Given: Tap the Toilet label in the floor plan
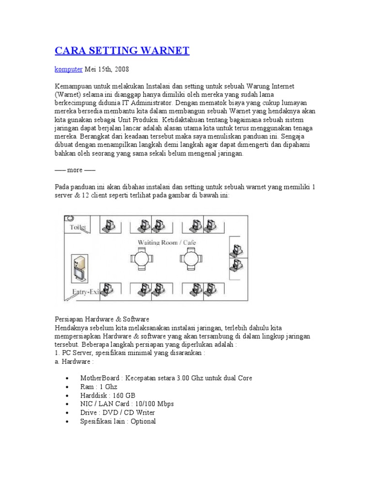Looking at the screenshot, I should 78,227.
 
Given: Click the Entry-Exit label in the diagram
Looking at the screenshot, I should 86,292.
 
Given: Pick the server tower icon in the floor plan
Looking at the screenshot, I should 79,268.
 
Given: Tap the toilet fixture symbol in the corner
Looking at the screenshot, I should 70,218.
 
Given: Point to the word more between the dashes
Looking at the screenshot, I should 75,170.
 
